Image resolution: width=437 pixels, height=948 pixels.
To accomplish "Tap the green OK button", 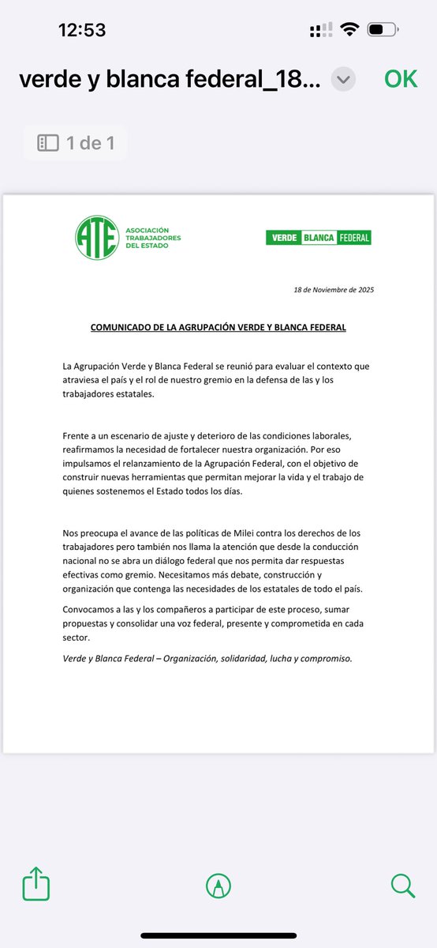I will pos(401,79).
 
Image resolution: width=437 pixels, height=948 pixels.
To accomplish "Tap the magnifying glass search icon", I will pos(402,885).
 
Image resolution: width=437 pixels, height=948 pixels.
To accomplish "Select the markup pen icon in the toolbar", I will pos(217,886).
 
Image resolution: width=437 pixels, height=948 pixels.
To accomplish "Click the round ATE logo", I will pos(97,235).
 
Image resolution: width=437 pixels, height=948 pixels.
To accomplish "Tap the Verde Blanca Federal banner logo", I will pos(318,237).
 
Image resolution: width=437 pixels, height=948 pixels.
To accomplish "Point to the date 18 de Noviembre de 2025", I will pos(333,290).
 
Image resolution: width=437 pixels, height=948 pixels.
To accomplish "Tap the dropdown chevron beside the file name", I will pos(343,79).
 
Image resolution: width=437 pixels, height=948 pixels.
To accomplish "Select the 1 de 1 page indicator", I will pos(76,143).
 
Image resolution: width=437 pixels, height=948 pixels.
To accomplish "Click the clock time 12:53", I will pos(82,30).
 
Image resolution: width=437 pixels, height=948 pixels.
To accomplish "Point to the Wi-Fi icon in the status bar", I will pos(348,30).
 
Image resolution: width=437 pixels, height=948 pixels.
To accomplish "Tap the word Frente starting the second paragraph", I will pos(77,436).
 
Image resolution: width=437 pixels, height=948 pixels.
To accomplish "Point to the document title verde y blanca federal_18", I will pos(170,79).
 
